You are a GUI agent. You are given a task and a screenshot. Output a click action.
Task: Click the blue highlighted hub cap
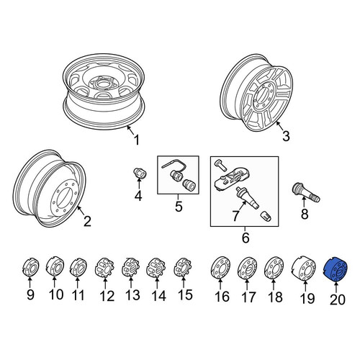[336, 269]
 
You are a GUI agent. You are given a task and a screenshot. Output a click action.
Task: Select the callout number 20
[338, 300]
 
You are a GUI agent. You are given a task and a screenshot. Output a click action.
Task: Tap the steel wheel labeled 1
[104, 91]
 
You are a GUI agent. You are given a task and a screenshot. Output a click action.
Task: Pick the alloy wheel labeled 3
[257, 93]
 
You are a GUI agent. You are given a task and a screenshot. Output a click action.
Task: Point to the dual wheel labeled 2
[50, 189]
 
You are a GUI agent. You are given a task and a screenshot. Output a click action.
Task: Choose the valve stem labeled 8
[305, 192]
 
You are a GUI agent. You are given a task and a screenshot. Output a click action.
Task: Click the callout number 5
[179, 207]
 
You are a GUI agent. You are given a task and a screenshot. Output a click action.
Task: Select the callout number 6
[246, 238]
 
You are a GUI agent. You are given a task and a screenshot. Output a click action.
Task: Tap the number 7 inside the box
[235, 215]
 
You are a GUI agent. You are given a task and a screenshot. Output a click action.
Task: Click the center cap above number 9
[30, 268]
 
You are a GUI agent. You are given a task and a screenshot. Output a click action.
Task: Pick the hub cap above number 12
[104, 268]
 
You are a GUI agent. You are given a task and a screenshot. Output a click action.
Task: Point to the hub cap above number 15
[182, 267]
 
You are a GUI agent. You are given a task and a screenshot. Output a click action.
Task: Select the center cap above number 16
[220, 268]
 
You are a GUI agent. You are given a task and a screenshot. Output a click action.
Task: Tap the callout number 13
[132, 294]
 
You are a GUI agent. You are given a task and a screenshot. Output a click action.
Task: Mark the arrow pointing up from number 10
[54, 282]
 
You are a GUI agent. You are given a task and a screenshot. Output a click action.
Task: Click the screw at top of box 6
[220, 166]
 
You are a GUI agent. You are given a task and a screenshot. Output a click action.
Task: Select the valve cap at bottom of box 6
[266, 215]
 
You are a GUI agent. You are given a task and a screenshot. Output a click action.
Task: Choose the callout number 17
[248, 297]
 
